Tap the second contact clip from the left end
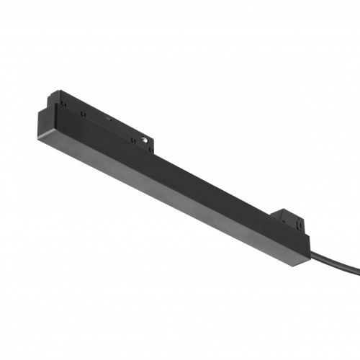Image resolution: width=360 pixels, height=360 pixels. click(x=84, y=113)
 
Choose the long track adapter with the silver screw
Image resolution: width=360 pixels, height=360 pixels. click(x=108, y=122)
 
